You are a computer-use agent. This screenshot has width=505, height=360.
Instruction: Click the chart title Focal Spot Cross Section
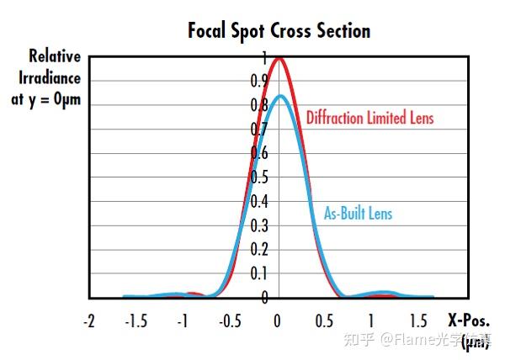(279, 31)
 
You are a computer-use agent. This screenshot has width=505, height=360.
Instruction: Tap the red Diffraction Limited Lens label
(369, 118)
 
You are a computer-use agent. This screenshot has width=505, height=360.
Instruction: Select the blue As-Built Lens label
(359, 214)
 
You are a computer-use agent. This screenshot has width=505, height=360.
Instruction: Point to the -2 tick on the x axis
(90, 321)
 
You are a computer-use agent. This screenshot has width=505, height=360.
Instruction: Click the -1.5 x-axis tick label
(136, 321)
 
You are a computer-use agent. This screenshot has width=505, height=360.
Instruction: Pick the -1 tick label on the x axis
(183, 321)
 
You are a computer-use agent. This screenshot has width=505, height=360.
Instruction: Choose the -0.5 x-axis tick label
(229, 321)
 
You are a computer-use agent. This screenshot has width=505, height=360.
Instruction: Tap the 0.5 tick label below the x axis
(324, 321)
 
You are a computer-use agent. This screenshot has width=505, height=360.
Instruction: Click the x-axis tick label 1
(371, 321)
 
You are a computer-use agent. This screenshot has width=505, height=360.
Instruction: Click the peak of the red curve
(279, 58)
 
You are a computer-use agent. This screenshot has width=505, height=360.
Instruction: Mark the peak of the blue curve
(279, 96)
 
